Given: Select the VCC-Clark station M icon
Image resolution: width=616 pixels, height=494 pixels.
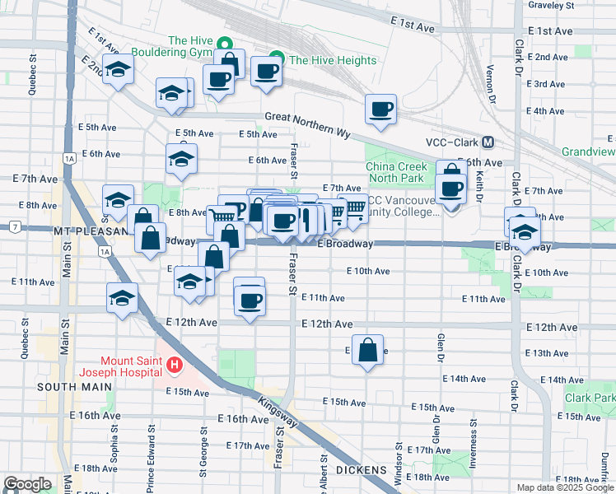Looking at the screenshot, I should coord(488,142).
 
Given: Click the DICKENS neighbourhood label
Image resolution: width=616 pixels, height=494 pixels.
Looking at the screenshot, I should coord(362,470).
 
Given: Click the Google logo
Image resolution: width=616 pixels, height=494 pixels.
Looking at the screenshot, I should coord(27,483).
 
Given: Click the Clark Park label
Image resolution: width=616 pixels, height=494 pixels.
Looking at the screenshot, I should coord(590,398).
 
